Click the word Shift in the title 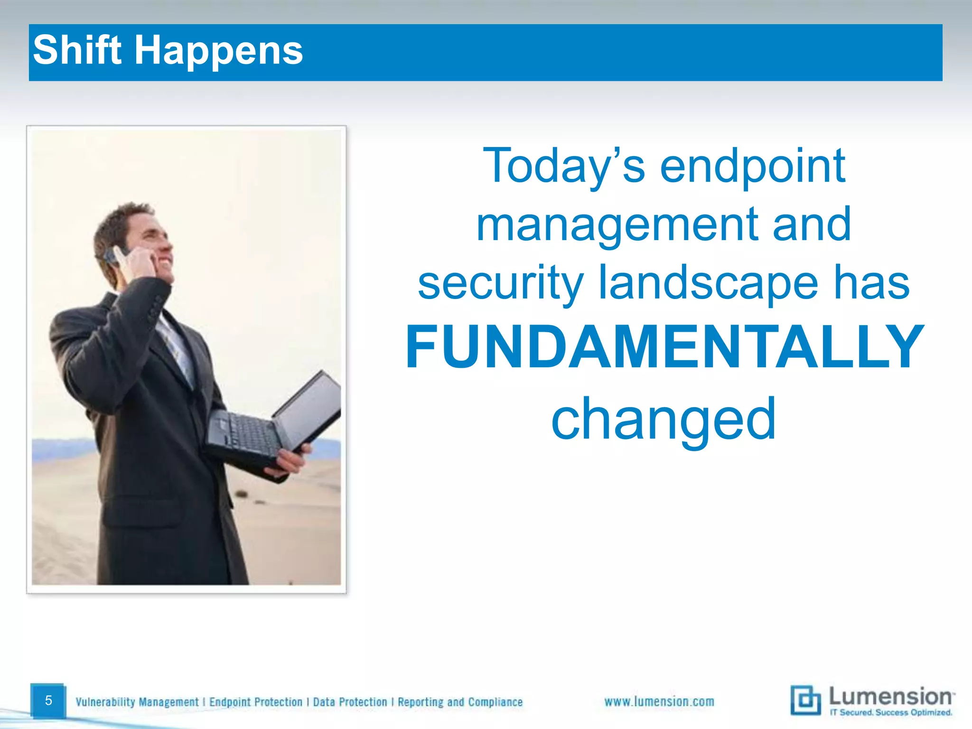pyautogui.click(x=77, y=50)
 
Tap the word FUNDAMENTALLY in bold pyautogui.click(x=664, y=347)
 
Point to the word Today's pyautogui.click(x=563, y=166)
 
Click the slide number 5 pyautogui.click(x=48, y=700)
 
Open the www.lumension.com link pyautogui.click(x=659, y=701)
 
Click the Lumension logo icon pyautogui.click(x=805, y=700)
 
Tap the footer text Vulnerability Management pyautogui.click(x=137, y=702)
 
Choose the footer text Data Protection pyautogui.click(x=350, y=702)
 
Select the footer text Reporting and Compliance pyautogui.click(x=460, y=702)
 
